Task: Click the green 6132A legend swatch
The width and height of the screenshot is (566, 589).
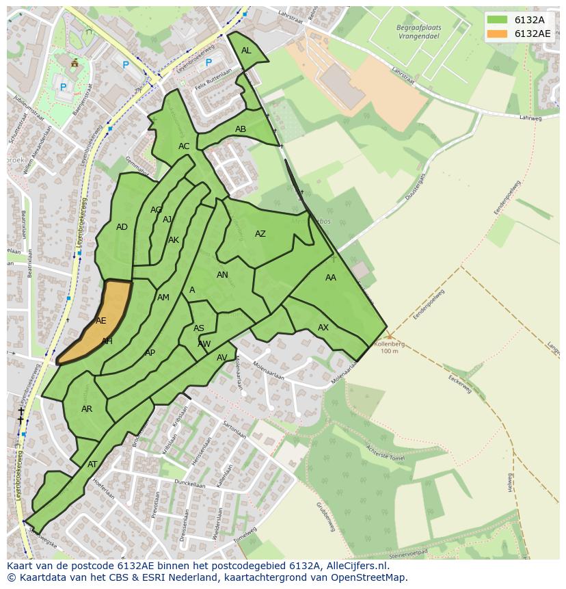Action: point(498,20)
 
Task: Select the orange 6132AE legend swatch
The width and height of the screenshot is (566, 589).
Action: point(498,34)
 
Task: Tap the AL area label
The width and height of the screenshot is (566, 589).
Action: point(246,51)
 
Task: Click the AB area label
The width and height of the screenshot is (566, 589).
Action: point(241,129)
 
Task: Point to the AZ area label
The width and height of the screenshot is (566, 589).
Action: point(260,234)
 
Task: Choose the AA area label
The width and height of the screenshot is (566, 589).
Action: point(331,278)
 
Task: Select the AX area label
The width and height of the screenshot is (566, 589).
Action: point(323,328)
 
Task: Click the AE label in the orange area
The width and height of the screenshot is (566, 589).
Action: point(101,321)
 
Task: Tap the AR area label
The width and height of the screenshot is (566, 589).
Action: point(87,409)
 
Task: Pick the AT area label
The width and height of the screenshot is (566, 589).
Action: point(92,464)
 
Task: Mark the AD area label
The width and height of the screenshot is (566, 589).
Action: point(122,227)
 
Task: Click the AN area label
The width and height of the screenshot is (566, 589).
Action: point(222,275)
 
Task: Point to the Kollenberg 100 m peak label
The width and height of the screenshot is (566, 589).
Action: point(389,347)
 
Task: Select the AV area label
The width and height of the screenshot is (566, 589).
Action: point(222,358)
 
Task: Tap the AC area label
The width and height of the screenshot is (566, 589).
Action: point(184,146)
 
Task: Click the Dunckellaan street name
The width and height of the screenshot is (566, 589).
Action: point(189,484)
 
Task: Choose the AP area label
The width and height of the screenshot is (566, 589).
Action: point(150,353)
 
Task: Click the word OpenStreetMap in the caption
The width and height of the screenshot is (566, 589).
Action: point(370,577)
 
